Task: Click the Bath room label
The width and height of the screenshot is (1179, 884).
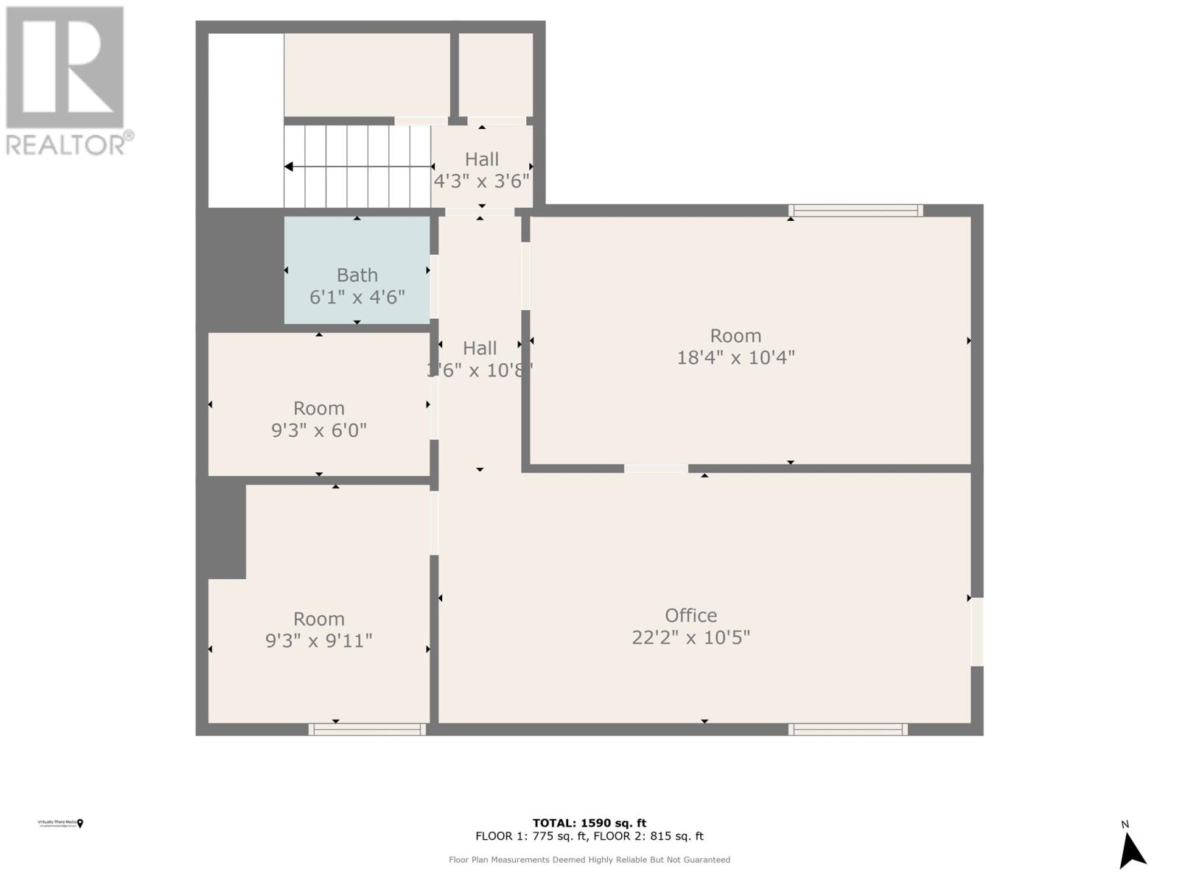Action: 357,275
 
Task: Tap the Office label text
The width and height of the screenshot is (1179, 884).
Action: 690,615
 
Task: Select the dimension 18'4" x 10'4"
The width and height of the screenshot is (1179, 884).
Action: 735,358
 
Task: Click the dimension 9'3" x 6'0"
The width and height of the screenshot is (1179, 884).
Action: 319,430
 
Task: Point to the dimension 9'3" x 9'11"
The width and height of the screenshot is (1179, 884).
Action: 319,641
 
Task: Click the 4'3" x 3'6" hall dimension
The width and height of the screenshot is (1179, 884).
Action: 482,181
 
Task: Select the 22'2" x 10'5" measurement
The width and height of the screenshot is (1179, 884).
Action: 690,637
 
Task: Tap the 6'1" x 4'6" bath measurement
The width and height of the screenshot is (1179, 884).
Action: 357,298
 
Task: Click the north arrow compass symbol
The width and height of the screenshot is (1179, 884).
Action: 1131,851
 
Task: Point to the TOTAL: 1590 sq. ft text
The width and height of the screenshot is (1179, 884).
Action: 589,823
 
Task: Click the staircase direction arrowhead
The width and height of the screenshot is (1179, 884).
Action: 289,167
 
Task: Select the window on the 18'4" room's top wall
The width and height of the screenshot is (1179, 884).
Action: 856,211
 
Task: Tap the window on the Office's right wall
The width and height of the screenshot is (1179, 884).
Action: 977,631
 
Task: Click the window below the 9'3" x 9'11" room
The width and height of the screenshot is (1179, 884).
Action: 367,729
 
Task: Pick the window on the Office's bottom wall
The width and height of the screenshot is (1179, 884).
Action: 847,729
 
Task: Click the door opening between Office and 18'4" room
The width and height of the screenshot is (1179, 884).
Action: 656,469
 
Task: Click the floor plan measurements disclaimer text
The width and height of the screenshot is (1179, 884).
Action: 589,860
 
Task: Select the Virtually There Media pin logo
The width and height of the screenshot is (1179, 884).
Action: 80,824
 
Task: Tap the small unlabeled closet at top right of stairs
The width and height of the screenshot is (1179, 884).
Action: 496,74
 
